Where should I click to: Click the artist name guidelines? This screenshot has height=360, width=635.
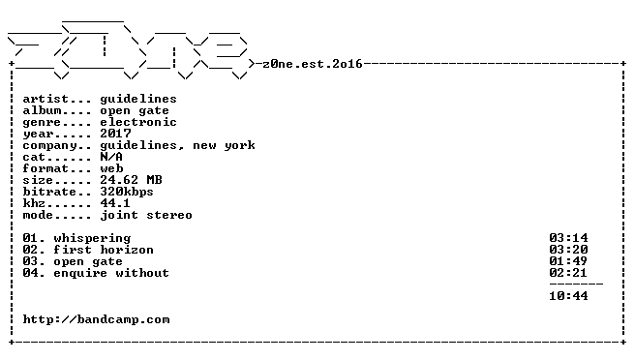(x=138, y=100)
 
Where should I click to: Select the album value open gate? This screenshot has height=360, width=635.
(x=135, y=111)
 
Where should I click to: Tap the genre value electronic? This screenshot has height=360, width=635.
(x=138, y=122)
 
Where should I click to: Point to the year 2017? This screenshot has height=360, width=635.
(x=115, y=134)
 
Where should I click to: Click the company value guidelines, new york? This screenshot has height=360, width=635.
(x=177, y=146)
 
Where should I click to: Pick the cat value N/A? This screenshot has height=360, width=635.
(x=111, y=157)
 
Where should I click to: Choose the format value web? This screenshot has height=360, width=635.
(x=111, y=168)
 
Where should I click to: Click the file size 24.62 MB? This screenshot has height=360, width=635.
(x=131, y=180)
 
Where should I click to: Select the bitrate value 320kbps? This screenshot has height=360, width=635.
(x=127, y=192)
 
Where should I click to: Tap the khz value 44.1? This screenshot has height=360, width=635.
(x=115, y=203)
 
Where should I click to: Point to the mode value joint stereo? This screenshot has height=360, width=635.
(x=146, y=215)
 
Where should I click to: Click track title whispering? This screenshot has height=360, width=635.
(x=92, y=238)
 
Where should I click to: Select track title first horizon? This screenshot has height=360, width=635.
(x=104, y=250)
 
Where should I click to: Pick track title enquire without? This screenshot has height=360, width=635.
(x=111, y=273)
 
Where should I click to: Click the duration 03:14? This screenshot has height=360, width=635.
(x=568, y=238)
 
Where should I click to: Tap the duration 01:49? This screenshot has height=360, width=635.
(x=568, y=261)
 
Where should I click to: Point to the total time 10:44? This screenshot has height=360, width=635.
(x=568, y=296)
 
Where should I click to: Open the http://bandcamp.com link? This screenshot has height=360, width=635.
(x=96, y=320)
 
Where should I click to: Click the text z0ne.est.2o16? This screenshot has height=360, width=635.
(x=313, y=64)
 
